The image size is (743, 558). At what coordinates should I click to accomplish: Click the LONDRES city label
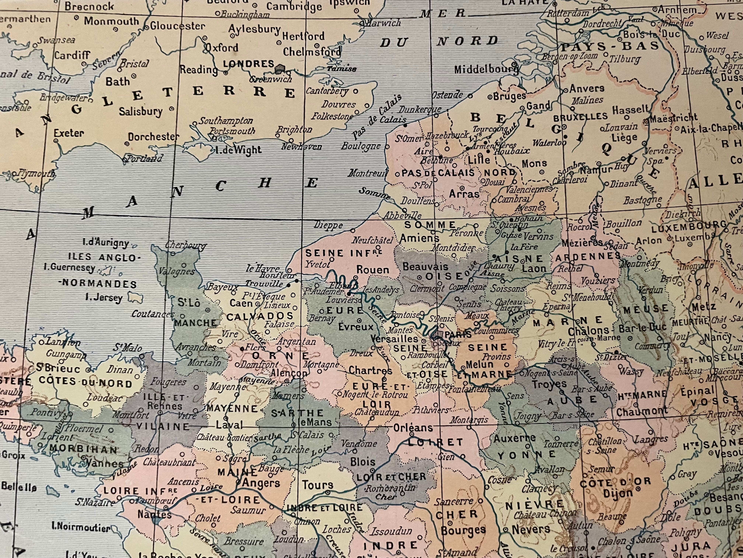pyautogui.click(x=249, y=64)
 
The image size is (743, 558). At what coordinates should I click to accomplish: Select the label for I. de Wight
pyautogui.click(x=238, y=150)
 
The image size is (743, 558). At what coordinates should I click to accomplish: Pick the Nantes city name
pyautogui.click(x=154, y=514)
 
